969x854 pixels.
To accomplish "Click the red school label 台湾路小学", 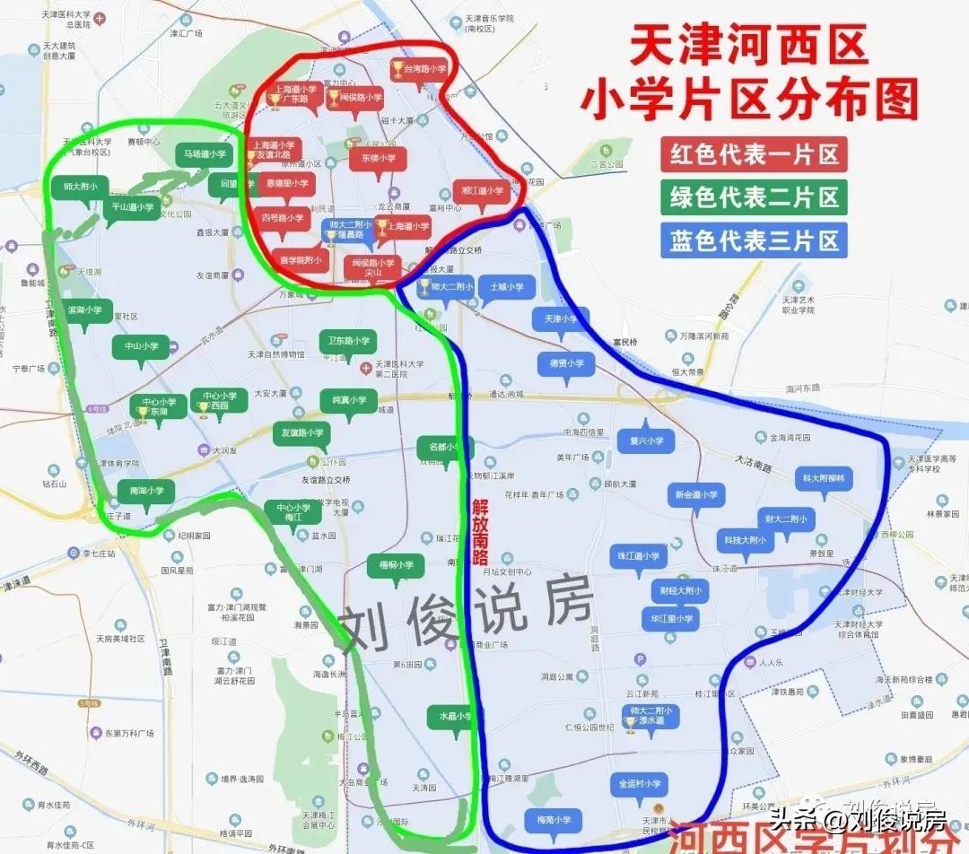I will pos(423,68).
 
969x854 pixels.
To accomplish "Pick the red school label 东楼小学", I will pos(378,158).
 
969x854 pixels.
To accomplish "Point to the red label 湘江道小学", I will pos(484,190).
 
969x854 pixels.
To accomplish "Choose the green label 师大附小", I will pos(80,187).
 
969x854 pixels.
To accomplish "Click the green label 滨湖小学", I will pos(85,309).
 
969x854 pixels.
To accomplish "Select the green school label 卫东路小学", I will pos(348,341).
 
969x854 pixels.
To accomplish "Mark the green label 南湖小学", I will pos(146,491).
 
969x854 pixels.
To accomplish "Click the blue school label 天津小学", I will pos(561,318).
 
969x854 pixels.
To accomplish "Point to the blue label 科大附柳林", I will pos(825,477).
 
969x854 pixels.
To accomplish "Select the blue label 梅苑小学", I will pos(553,819).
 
